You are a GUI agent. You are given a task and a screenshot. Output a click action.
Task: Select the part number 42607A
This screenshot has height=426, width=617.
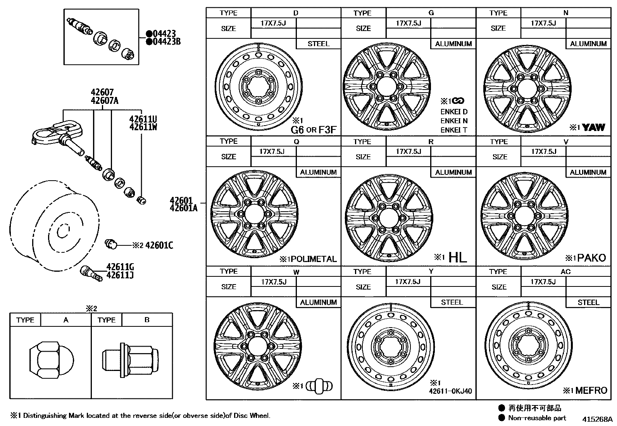coord(104,101)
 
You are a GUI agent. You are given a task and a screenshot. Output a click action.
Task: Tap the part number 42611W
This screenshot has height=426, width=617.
coord(143,127)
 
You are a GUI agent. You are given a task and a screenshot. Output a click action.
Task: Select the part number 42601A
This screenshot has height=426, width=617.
coord(183,208)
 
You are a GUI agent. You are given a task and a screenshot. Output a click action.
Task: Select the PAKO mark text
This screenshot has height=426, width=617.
coord(591,258)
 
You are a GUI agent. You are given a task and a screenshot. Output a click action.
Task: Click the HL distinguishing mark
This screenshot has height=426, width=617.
coord(457,257)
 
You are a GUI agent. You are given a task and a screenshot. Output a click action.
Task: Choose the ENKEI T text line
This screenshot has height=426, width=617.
coord(453,130)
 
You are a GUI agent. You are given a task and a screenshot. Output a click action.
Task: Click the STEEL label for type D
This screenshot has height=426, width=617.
coord(318,44)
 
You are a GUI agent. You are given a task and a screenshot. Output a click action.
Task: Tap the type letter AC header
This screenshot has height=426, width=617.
coord(565,272)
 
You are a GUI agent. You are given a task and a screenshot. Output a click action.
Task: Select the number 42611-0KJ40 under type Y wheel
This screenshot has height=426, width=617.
coord(450,391)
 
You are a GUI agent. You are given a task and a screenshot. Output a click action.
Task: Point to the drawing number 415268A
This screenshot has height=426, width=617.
coord(597,419)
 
